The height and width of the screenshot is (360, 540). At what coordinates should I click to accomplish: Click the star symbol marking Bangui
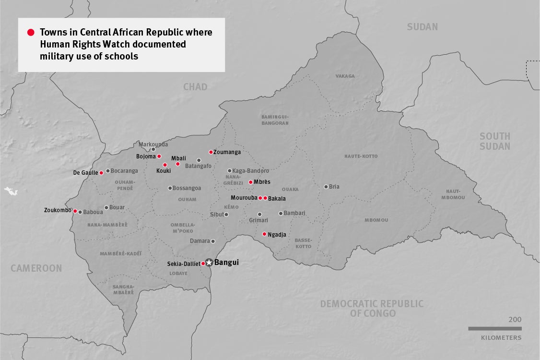coord(209,263)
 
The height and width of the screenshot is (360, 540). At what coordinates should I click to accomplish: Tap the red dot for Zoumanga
coord(211,152)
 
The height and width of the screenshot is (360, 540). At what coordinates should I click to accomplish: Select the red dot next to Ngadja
coord(264,234)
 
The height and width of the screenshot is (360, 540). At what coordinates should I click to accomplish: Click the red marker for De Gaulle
coord(101,173)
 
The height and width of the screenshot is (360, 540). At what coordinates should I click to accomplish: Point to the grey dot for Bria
coord(326,187)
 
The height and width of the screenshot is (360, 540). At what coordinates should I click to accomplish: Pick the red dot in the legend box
coord(31,33)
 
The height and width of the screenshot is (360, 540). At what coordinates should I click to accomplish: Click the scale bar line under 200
coord(494,328)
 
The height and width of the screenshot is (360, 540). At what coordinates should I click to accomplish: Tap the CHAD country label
coord(195,87)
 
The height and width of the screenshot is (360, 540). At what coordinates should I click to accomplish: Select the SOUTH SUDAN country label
coord(494,141)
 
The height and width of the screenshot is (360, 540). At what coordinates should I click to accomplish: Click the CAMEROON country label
coord(36,268)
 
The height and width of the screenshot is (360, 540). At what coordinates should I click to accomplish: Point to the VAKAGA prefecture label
coord(345,76)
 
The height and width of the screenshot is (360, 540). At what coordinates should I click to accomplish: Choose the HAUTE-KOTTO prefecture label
coord(361,156)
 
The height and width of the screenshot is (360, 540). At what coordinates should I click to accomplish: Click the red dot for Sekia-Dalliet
coord(203,264)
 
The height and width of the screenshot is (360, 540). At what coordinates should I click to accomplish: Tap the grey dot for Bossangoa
coord(170,188)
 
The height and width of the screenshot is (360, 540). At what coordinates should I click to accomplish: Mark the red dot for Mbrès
coord(250,182)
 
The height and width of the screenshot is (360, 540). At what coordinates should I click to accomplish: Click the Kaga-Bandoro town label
coord(250,170)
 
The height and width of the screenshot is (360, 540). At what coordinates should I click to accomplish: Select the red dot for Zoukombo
coord(75,211)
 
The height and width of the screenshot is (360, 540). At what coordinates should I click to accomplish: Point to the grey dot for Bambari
coord(281,214)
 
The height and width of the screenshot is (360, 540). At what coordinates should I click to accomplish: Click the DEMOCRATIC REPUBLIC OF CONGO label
coord(372,308)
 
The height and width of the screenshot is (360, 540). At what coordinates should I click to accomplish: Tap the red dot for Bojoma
coord(159,156)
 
